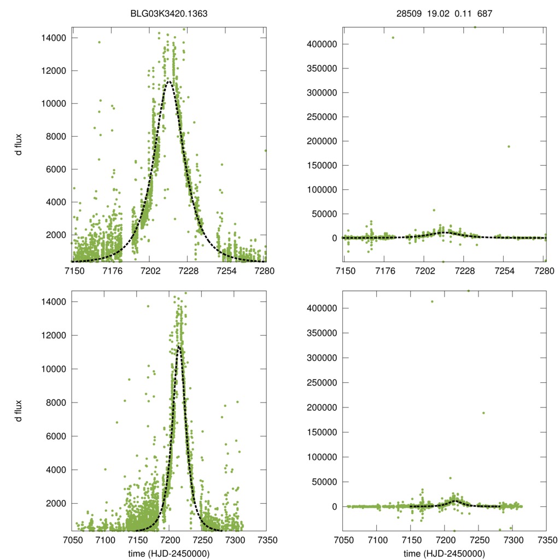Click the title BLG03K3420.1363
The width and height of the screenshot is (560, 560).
pyautogui.click(x=169, y=14)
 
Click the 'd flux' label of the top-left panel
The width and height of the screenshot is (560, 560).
pyautogui.click(x=19, y=144)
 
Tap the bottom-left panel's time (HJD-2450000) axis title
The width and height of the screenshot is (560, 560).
pyautogui.click(x=169, y=553)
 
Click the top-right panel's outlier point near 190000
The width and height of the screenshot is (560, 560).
pyautogui.click(x=509, y=146)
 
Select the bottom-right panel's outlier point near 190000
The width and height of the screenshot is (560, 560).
pyautogui.click(x=483, y=413)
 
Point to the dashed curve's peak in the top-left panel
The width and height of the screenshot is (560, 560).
pyautogui.click(x=169, y=81)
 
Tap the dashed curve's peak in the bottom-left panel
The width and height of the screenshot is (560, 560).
pyautogui.click(x=178, y=346)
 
